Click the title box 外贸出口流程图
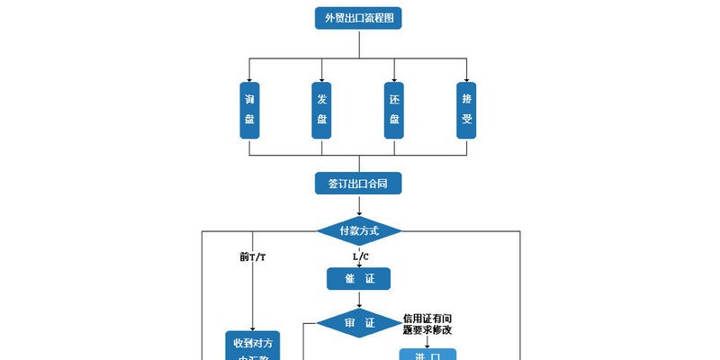[358, 18]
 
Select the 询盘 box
[249, 110]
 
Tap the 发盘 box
[322, 110]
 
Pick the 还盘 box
[394, 110]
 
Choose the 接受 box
[466, 110]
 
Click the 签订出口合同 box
[358, 184]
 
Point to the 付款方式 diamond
[358, 231]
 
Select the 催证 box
[358, 279]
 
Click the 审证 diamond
[358, 322]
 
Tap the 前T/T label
[253, 256]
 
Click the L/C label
[358, 256]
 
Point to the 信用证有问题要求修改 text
[427, 324]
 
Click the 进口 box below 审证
[427, 355]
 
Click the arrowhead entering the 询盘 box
[249, 79]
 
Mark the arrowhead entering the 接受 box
[466, 79]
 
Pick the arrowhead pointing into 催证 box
[358, 265]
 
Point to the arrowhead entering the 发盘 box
[322, 79]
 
